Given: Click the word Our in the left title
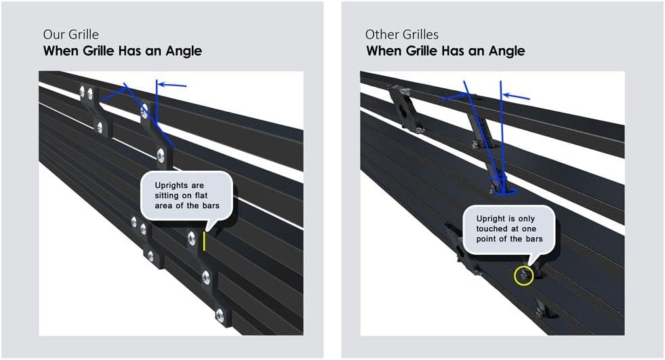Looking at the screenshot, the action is pos(52,35).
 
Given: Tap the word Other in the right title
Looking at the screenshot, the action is pos(380,35).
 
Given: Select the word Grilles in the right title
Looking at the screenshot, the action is pos(419,35).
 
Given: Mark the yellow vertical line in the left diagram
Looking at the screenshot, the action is pos(204,241).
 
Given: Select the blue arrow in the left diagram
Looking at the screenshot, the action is pos(172,85).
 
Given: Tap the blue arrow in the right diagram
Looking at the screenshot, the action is pos(516,96).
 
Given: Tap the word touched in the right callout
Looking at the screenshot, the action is pos(493,229).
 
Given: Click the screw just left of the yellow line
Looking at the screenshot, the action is pos(192,238).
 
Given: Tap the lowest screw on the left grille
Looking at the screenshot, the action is pos(220,315).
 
